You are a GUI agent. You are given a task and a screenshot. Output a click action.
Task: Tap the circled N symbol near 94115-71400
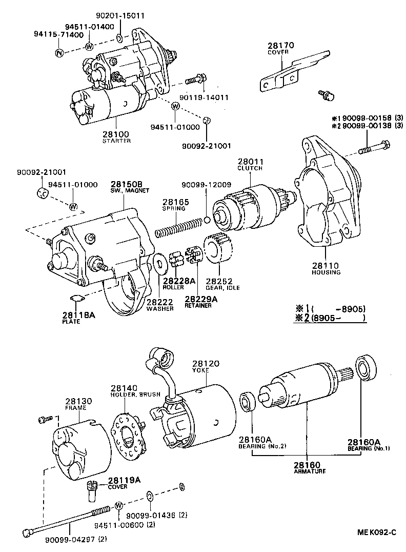pos(59,53)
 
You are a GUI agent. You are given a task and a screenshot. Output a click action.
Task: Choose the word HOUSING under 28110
pos(326,272)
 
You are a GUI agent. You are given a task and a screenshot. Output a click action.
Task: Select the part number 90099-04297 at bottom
pos(68,539)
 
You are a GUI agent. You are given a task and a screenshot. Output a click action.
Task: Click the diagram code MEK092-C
pos(377,532)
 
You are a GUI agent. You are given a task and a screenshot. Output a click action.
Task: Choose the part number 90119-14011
pos(205,96)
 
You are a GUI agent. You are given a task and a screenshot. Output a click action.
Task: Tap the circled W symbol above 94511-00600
pos(118,505)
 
